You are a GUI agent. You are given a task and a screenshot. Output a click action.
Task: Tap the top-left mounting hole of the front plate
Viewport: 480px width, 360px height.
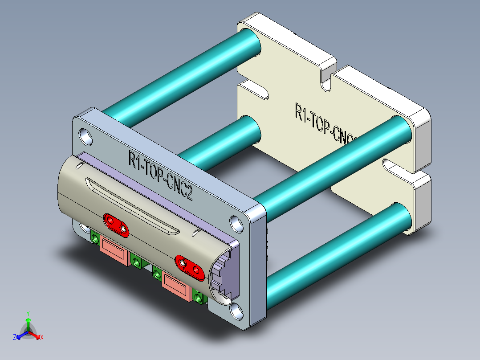tap(85, 135)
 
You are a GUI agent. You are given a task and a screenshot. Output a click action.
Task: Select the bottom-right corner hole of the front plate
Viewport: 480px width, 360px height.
tap(237, 311)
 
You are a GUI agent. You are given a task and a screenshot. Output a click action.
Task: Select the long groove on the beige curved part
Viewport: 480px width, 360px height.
tap(134, 207)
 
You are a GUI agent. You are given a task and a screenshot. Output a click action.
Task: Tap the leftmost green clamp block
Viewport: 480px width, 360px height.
tap(95, 238)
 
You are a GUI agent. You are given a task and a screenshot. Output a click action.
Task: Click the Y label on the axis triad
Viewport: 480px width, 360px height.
tap(28, 313)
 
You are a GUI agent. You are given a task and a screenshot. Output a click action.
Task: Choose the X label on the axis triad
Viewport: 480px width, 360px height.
tap(42, 338)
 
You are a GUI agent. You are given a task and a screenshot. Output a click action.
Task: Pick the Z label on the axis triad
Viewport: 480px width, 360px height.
tap(15, 338)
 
